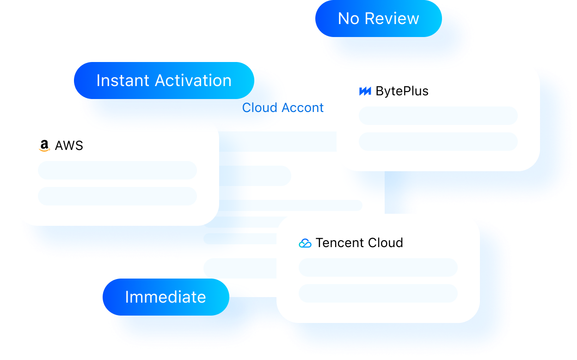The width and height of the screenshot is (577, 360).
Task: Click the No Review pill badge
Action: coord(378,19)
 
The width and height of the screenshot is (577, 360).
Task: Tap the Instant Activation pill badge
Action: coord(164,81)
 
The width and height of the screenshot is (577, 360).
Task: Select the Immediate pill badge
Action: coord(166,297)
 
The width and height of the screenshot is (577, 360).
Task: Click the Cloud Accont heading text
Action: coord(282,108)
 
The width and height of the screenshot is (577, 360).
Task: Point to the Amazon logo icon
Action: coord(44,146)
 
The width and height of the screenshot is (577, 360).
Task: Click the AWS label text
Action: coord(69,146)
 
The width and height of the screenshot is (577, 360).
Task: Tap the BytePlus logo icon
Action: coord(365,91)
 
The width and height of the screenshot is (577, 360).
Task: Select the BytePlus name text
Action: coord(402,91)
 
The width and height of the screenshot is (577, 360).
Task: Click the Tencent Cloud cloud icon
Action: coord(305,243)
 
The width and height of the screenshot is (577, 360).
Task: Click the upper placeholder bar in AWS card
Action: coord(117,170)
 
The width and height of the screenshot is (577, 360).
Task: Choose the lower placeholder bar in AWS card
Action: coord(117,196)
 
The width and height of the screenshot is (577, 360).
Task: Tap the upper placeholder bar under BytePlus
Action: coord(438,116)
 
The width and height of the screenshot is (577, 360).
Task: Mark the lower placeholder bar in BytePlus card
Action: coord(438,142)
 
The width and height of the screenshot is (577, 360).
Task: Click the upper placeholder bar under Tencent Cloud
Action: coord(378,267)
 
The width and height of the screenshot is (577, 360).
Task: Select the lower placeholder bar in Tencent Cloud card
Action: coord(378,293)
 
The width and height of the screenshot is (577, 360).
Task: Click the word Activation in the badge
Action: coord(193,81)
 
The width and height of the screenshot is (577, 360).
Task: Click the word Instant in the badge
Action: coord(123,81)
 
